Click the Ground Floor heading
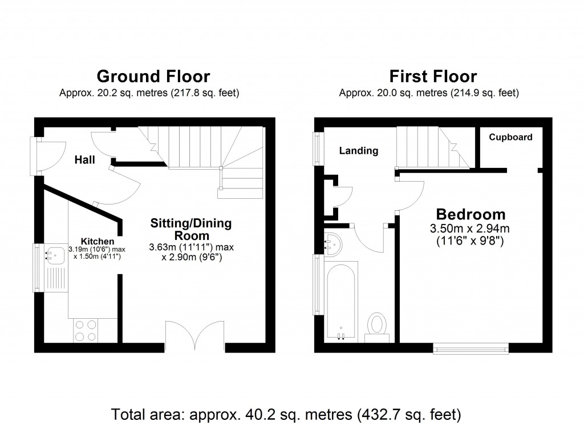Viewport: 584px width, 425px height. pyautogui.click(x=153, y=76)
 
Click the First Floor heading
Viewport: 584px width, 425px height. pyautogui.click(x=433, y=76)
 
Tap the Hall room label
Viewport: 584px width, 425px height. pyautogui.click(x=85, y=161)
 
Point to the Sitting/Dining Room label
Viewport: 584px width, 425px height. pyautogui.click(x=190, y=229)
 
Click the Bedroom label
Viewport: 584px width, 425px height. pyautogui.click(x=471, y=214)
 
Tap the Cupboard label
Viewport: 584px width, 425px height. pyautogui.click(x=510, y=137)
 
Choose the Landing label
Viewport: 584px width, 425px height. pyautogui.click(x=359, y=151)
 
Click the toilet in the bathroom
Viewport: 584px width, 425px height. pyautogui.click(x=376, y=326)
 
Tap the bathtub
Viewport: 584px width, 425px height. pyautogui.click(x=342, y=301)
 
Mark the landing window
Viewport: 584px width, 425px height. pyautogui.click(x=317, y=149)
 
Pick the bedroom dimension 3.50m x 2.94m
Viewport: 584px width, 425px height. pyautogui.click(x=469, y=229)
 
